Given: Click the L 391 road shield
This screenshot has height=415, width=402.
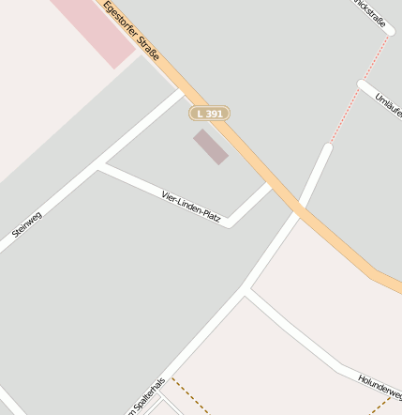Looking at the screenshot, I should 210,114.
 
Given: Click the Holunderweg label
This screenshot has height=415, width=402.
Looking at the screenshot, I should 380,385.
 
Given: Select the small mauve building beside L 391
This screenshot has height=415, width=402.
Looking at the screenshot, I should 211,146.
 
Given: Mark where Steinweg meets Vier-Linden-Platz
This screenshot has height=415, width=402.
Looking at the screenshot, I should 99,166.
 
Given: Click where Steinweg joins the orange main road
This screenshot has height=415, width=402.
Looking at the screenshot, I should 180,91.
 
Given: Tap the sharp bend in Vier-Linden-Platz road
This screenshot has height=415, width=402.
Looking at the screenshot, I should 230,223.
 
